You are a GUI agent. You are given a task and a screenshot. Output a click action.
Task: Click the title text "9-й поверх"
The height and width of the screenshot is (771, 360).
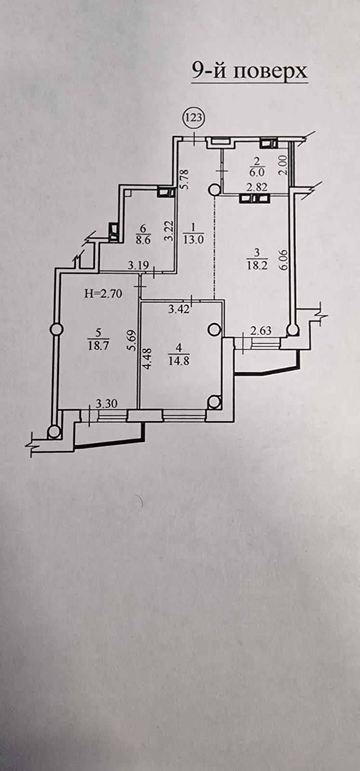click(x=249, y=72)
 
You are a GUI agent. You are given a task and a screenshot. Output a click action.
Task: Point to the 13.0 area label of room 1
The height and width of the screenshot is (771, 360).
click(x=193, y=239)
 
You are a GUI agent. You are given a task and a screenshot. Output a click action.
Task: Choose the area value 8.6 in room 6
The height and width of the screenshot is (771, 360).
click(x=143, y=239)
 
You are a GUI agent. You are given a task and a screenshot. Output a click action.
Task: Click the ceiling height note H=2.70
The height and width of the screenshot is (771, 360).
click(x=103, y=294)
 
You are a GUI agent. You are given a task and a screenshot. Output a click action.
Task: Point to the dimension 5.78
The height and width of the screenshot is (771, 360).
click(x=186, y=179)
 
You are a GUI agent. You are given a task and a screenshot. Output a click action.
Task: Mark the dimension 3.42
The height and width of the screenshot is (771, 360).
click(x=179, y=309)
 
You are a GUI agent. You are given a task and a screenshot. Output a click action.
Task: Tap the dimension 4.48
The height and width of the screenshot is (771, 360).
click(x=147, y=359)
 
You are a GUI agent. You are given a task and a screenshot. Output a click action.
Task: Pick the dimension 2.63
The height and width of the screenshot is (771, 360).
click(x=261, y=331)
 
